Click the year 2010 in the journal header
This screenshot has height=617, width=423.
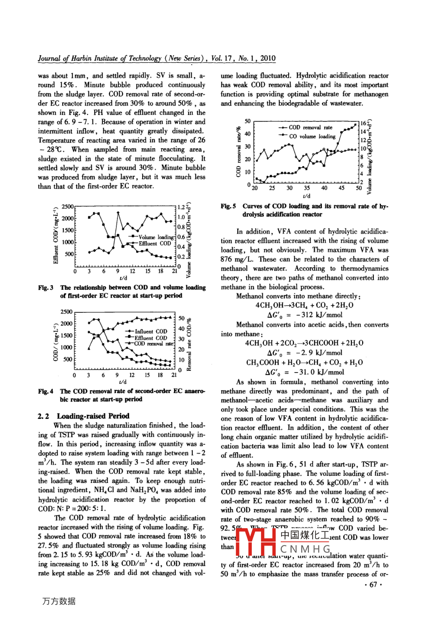(268, 58)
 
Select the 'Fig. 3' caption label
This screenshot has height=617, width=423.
(45, 287)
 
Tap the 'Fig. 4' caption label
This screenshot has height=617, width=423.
(45, 391)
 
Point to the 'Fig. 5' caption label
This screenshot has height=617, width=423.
(228, 206)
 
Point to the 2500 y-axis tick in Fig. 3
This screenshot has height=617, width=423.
(68, 206)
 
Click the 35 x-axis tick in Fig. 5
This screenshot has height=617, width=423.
(306, 188)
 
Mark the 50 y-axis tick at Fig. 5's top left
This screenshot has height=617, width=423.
(248, 122)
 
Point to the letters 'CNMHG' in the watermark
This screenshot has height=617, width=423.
(306, 548)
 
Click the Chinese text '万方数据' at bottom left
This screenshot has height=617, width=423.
(58, 601)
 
